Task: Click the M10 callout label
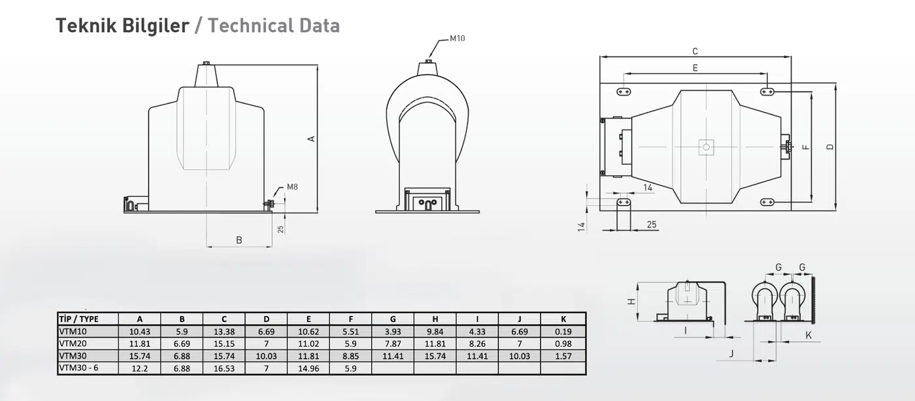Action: tap(457, 39)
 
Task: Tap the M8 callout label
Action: tap(292, 187)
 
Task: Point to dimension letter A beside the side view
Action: tap(311, 139)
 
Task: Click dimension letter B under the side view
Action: tap(239, 240)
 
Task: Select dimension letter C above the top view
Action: tap(695, 52)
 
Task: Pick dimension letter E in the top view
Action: tap(695, 68)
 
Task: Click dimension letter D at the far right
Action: tap(829, 147)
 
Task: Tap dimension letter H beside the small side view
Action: tap(631, 302)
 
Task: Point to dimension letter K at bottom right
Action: tap(808, 335)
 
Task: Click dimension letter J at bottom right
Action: tap(731, 354)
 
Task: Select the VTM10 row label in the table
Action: tap(73, 331)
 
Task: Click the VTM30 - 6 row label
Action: tap(79, 368)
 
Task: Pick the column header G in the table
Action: tap(393, 319)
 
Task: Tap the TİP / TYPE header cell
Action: tap(79, 319)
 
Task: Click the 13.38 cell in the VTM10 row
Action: tap(224, 332)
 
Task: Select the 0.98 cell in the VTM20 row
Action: tap(563, 344)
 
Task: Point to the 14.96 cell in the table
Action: tap(308, 368)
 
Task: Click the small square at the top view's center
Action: tap(707, 147)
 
